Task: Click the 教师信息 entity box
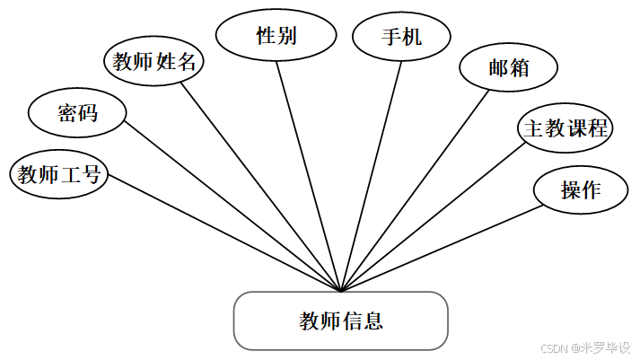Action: click(x=340, y=320)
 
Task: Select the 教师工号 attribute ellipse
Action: click(x=58, y=174)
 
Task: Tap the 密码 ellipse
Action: click(x=77, y=113)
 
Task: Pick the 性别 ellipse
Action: click(x=276, y=36)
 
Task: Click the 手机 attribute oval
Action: click(x=400, y=37)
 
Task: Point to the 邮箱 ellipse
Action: click(x=509, y=69)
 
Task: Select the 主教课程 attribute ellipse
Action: click(x=566, y=128)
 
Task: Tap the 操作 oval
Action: click(x=581, y=189)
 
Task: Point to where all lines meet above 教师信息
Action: click(x=341, y=291)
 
